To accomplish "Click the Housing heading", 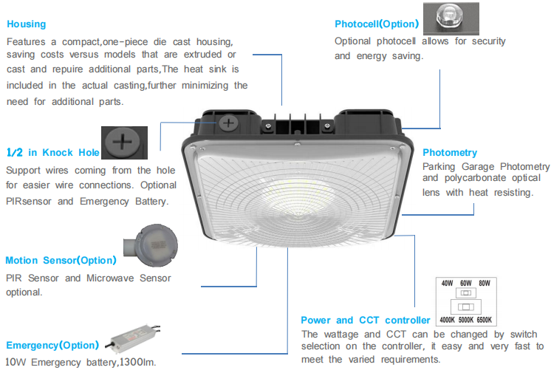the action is (x=27, y=24).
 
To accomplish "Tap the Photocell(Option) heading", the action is (x=377, y=24).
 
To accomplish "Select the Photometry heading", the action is (x=450, y=153).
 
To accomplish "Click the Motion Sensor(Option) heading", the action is (x=61, y=260).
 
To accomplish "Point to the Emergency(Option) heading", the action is (x=52, y=345).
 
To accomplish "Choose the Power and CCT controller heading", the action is (x=366, y=321).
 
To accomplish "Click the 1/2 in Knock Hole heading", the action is (x=53, y=153).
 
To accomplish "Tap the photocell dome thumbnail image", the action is (x=451, y=18).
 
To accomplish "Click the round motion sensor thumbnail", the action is (x=151, y=245).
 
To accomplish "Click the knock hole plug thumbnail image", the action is (x=124, y=143).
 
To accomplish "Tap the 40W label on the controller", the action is (x=448, y=283).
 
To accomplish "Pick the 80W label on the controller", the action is (x=485, y=283).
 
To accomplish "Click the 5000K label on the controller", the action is (x=466, y=320).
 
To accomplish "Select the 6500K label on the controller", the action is (x=485, y=320).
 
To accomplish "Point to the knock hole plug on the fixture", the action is (x=228, y=123).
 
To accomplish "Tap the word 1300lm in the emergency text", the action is (x=137, y=362).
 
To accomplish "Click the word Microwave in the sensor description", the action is (x=110, y=278).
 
